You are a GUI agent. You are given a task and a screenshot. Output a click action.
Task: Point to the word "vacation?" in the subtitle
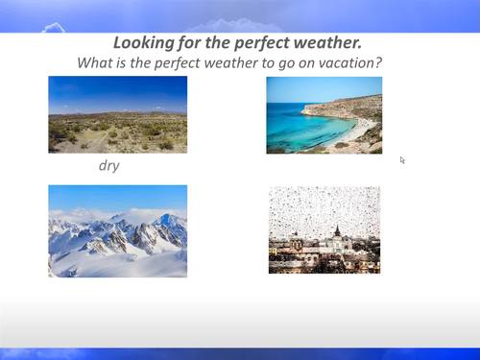(x=350, y=62)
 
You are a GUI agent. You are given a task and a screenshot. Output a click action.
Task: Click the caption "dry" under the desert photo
(x=108, y=165)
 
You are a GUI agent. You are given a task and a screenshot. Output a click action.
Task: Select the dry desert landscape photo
(x=117, y=114)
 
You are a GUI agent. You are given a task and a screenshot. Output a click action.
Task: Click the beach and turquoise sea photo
(x=324, y=114)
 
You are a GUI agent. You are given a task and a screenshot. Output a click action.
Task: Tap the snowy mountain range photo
(x=117, y=230)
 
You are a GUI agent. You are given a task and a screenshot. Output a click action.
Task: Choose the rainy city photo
(x=324, y=229)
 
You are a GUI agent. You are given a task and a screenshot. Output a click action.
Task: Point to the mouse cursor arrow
(x=402, y=159)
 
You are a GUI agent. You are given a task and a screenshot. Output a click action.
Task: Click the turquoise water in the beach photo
(x=298, y=126)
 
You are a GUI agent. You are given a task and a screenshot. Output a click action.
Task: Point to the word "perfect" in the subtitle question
(x=169, y=62)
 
